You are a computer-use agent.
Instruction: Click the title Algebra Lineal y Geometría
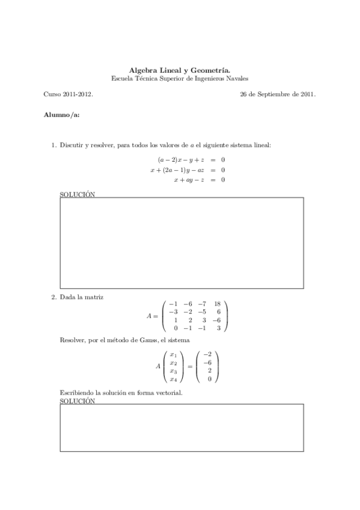(180, 70)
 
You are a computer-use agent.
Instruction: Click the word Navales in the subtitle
(236, 78)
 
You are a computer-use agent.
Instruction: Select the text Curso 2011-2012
(68, 94)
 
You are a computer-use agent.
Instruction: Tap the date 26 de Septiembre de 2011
(278, 94)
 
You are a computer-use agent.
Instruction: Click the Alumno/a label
(61, 114)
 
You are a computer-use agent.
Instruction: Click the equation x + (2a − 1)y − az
(177, 170)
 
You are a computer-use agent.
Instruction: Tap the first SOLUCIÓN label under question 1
(78, 194)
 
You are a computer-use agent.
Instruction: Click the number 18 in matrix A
(217, 304)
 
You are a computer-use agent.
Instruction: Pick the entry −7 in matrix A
(201, 304)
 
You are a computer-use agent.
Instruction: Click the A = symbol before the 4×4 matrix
(152, 316)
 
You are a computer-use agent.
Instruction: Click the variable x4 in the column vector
(173, 379)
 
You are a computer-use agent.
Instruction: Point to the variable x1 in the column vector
(173, 355)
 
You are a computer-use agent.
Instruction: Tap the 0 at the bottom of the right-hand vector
(209, 379)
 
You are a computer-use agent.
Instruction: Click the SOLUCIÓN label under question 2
(78, 401)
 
